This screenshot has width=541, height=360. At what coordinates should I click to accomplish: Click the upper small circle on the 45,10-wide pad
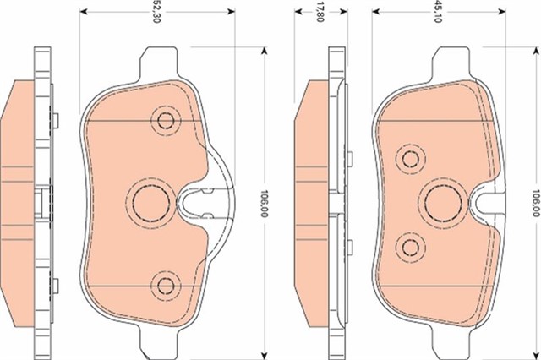[412, 157]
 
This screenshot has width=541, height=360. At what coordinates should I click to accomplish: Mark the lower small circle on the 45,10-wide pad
[412, 247]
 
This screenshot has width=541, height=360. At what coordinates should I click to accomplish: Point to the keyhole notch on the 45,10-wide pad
[484, 201]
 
